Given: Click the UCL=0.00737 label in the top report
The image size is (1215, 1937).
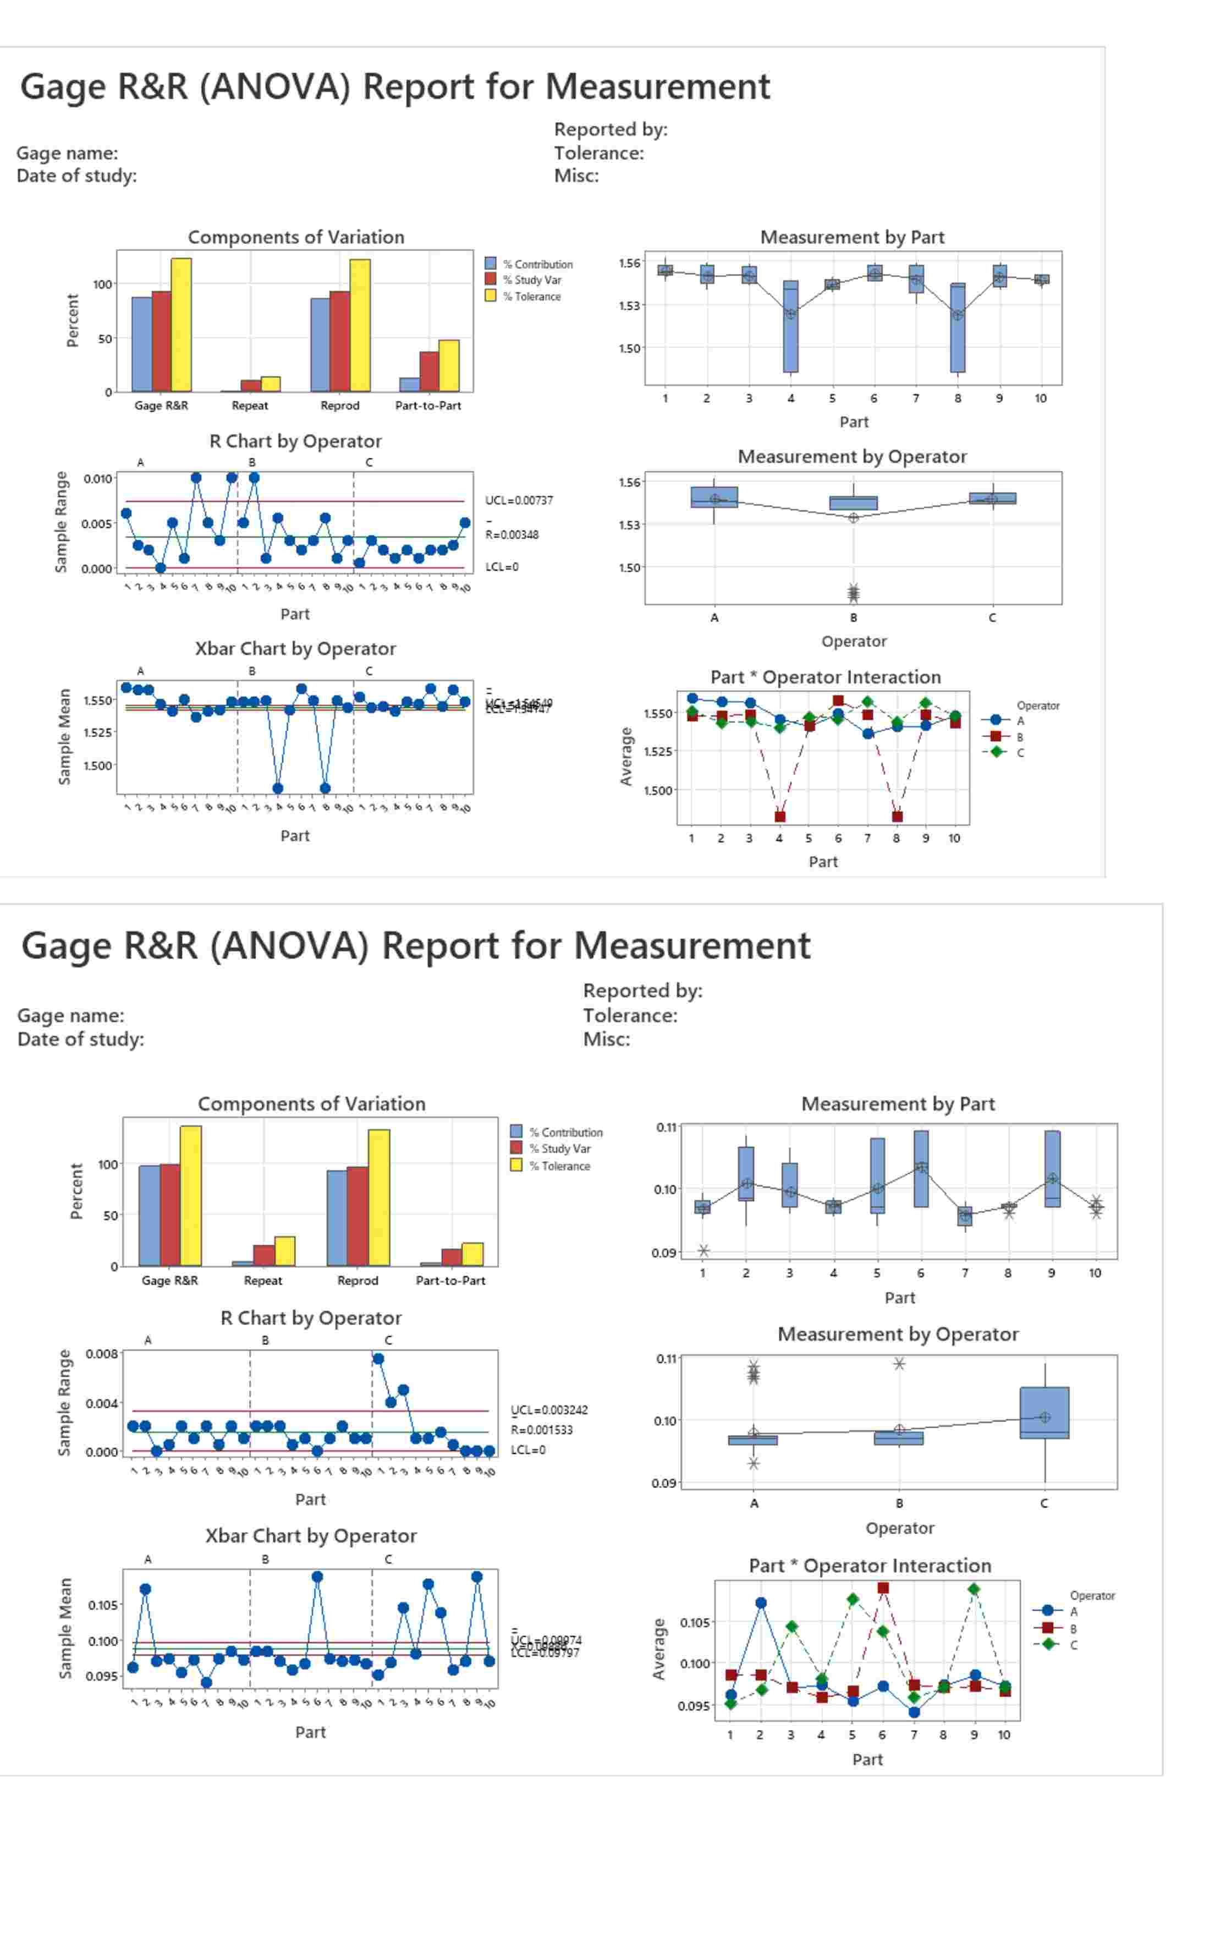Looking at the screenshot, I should [518, 500].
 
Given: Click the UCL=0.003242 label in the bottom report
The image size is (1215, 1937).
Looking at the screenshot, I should [549, 1410].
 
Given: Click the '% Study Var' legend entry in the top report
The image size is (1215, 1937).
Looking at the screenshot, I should [531, 280].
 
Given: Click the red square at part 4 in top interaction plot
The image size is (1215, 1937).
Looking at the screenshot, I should [779, 817].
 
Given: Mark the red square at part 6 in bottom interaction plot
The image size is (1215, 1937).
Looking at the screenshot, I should [882, 1588].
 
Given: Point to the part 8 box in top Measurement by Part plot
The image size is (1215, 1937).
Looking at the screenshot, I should [957, 328].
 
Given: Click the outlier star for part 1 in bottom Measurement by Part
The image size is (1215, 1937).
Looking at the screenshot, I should [703, 1251].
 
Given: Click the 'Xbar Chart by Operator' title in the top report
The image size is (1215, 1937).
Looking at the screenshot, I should [295, 649].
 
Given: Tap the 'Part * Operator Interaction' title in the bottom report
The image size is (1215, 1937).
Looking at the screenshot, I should [870, 1565].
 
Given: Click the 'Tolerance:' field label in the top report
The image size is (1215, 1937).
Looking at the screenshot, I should [598, 153].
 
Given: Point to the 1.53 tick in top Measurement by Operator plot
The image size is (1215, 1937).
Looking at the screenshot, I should [629, 525].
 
